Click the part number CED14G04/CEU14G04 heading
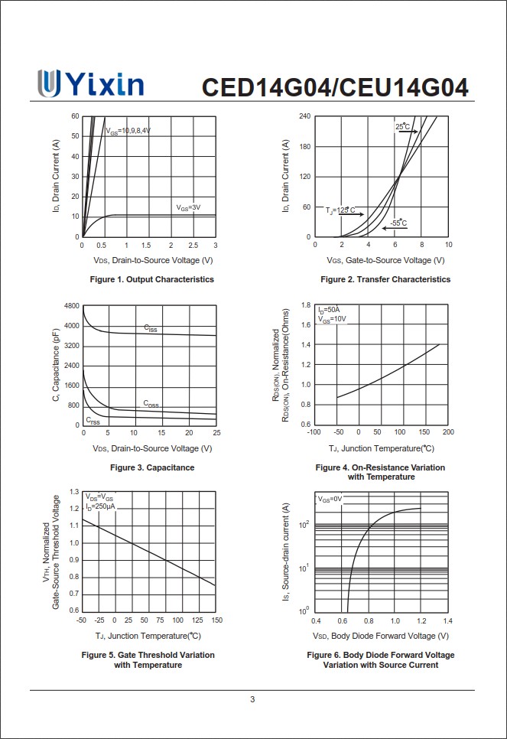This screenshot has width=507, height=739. point(335,87)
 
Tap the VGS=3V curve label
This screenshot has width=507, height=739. point(188,207)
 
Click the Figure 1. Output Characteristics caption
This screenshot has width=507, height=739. point(151,279)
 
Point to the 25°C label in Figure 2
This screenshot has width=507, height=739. point(403,126)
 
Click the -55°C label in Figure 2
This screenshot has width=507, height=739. point(398,223)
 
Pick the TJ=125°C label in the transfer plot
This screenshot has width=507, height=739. point(341,210)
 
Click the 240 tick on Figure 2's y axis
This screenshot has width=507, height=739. point(304,116)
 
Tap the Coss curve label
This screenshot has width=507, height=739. point(151,403)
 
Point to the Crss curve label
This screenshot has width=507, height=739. point(93,421)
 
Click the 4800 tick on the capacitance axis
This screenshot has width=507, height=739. point(71,306)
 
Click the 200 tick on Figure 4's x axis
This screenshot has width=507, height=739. point(448,431)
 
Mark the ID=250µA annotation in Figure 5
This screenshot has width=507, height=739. point(100,506)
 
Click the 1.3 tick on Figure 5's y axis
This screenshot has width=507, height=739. point(74,492)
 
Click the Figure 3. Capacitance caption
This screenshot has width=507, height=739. point(152,467)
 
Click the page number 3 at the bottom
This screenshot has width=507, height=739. point(253,699)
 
